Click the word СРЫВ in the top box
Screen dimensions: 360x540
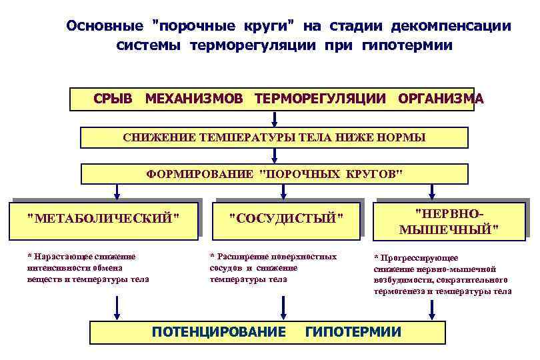pyautogui.click(x=113, y=99)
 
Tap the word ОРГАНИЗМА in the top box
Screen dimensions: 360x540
pyautogui.click(x=441, y=99)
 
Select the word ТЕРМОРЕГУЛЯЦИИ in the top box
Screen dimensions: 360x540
pyautogui.click(x=320, y=99)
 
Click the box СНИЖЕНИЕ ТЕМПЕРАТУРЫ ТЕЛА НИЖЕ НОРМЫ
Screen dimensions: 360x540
pyautogui.click(x=274, y=138)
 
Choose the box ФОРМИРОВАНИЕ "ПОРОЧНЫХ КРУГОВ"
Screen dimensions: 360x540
pyautogui.click(x=274, y=175)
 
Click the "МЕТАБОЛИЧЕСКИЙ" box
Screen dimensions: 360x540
pyautogui.click(x=104, y=219)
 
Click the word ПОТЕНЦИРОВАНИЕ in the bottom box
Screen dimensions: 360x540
pyautogui.click(x=219, y=331)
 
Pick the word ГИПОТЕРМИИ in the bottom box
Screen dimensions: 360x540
pyautogui.click(x=353, y=331)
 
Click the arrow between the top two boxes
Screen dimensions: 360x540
pyautogui.click(x=274, y=119)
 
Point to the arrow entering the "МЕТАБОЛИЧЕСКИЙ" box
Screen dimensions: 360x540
pyautogui.click(x=117, y=192)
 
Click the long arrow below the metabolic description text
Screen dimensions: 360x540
pyautogui.click(x=117, y=309)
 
